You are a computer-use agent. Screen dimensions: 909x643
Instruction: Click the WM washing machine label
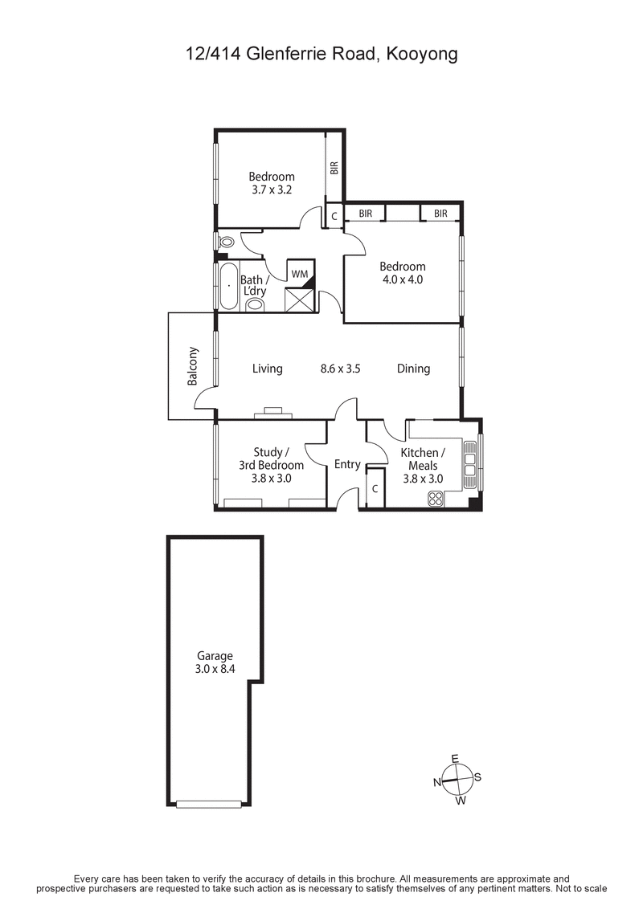tap(300, 274)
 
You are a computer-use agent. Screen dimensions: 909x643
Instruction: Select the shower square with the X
tap(299, 300)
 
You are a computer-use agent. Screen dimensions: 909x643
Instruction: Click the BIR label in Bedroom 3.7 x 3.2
tap(334, 168)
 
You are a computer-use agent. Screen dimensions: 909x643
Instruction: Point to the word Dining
tap(413, 369)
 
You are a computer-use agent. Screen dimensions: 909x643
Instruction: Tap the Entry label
tap(347, 465)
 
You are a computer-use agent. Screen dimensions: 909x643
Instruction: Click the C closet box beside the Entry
tap(375, 488)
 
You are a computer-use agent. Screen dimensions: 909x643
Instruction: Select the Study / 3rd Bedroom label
tap(271, 465)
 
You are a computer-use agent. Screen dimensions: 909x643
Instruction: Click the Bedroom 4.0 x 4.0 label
tap(402, 273)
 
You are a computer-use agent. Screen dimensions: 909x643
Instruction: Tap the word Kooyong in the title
tap(423, 55)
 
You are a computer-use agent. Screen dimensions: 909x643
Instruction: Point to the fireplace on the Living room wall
tap(272, 414)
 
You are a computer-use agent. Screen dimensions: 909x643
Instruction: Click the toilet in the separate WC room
tap(226, 242)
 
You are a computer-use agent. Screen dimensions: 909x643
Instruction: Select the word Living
tap(267, 369)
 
